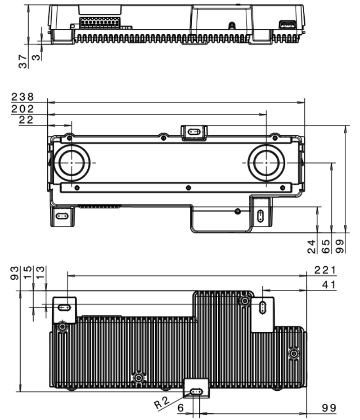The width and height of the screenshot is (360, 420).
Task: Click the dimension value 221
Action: [x=325, y=270]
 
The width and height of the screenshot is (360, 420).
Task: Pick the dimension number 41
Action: [x=330, y=284]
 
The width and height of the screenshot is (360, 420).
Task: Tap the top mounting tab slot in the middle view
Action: [x=194, y=132]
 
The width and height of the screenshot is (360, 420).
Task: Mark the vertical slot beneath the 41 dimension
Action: [x=262, y=307]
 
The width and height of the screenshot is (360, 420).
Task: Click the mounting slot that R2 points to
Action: [x=197, y=392]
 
